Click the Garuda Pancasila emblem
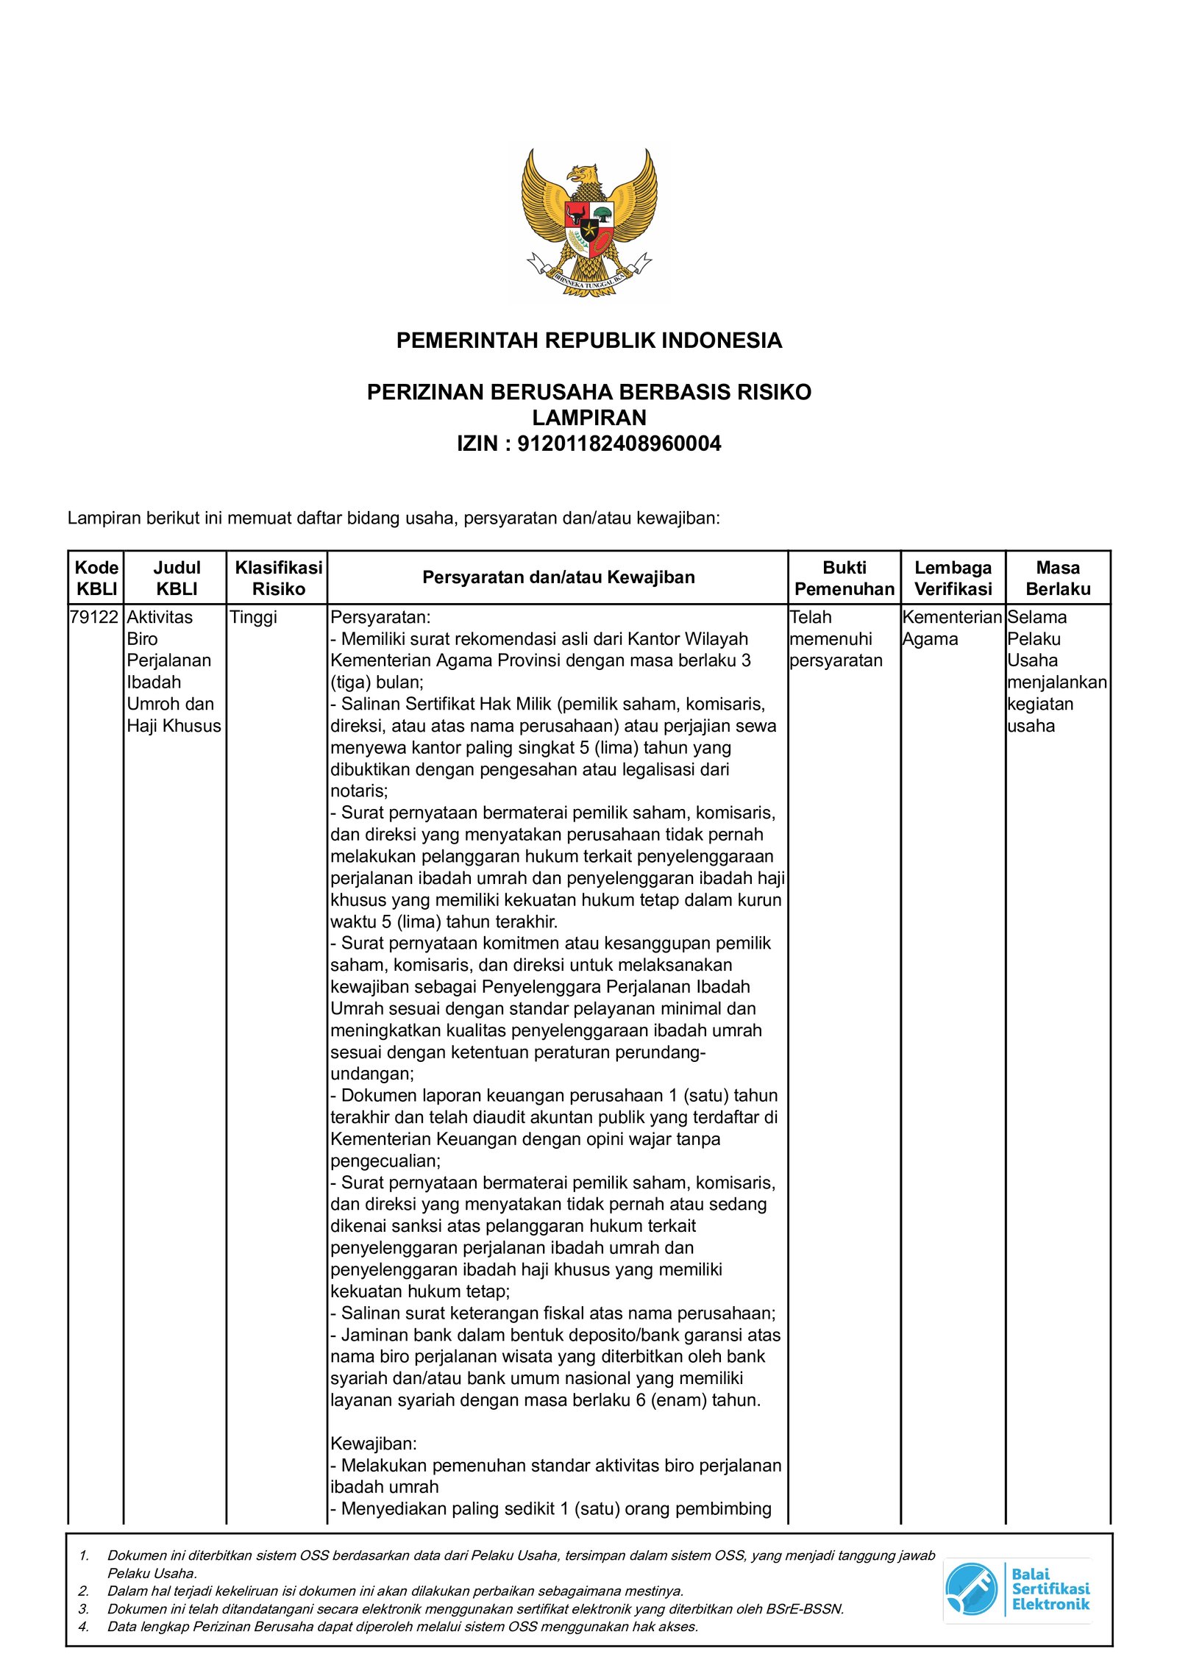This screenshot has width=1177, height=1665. [x=588, y=221]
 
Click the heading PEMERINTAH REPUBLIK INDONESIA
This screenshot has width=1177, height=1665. [x=588, y=341]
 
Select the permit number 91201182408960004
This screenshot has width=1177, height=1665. [x=619, y=443]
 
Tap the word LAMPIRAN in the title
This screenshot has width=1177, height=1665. [x=588, y=418]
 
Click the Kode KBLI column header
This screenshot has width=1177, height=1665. [x=96, y=578]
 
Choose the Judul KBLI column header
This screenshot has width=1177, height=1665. [x=177, y=578]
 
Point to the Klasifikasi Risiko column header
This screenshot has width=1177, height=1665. [x=278, y=578]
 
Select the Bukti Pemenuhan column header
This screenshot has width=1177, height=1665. [x=844, y=578]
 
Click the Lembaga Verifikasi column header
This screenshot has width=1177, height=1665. [x=953, y=578]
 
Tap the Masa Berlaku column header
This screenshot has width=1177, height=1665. [x=1057, y=578]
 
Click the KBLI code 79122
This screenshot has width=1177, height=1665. [x=94, y=617]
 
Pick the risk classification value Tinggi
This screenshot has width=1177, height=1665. [x=253, y=617]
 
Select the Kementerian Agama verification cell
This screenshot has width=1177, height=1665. [x=951, y=628]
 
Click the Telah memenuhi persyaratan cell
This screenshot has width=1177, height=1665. [x=835, y=638]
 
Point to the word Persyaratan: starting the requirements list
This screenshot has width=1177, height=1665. [x=380, y=617]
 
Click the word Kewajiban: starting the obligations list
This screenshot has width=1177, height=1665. [x=374, y=1444]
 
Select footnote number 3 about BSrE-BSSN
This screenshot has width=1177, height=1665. [x=475, y=1608]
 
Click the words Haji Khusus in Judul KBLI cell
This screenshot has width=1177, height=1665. [x=174, y=726]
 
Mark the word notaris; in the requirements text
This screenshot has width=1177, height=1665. [x=358, y=791]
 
